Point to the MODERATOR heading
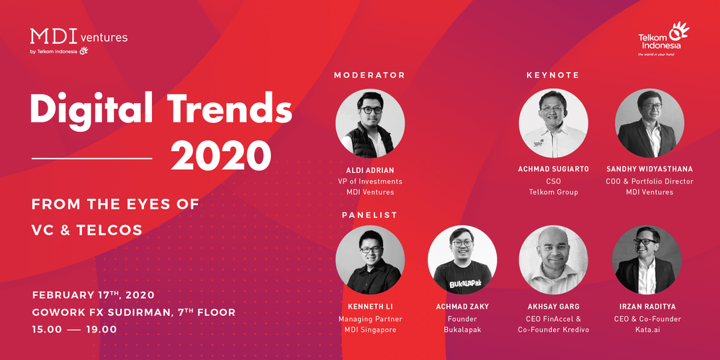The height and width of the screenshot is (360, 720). click(x=369, y=75)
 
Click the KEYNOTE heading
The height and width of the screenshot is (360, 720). click(x=552, y=75)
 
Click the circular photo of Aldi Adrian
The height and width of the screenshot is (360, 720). click(x=370, y=123)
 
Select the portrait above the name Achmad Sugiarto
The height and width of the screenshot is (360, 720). click(x=553, y=123)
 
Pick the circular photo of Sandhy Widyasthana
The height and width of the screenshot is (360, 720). click(x=649, y=123)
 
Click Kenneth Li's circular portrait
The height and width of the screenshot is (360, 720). click(x=370, y=260)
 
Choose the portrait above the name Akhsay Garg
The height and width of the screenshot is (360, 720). click(x=553, y=260)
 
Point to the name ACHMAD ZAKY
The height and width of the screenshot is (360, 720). click(x=462, y=307)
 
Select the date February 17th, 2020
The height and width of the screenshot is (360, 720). click(x=93, y=295)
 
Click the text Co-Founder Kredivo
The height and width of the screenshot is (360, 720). click(x=553, y=330)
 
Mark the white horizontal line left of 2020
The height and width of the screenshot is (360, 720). click(x=92, y=157)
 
